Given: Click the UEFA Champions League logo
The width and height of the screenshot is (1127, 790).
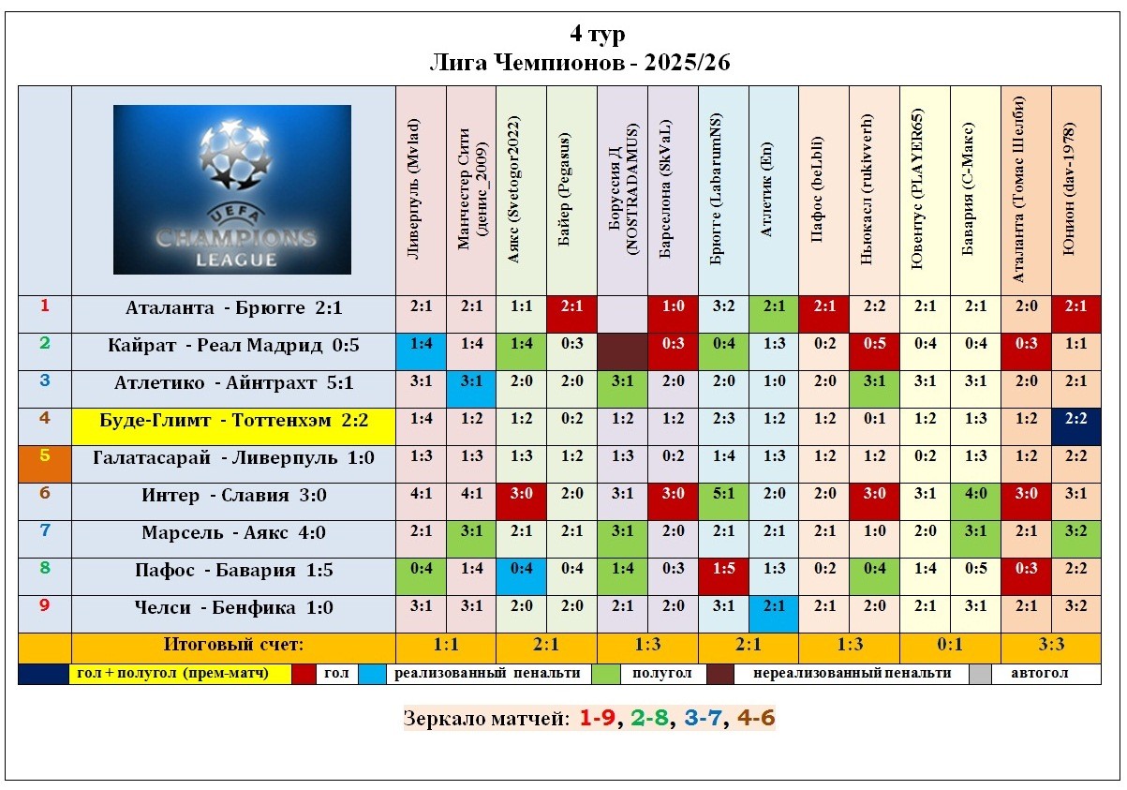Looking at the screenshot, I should (232, 189).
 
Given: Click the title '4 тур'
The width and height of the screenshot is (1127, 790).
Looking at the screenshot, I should (597, 35).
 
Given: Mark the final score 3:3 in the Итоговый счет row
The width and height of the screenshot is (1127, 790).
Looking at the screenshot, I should (1049, 646).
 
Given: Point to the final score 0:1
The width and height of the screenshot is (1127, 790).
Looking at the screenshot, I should (949, 646).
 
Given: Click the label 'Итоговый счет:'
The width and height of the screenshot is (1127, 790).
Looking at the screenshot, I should (233, 645).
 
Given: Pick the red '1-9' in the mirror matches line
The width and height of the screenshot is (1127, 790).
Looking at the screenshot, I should (595, 719).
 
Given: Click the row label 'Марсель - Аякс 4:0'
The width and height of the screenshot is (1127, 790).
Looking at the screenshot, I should (233, 533).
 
